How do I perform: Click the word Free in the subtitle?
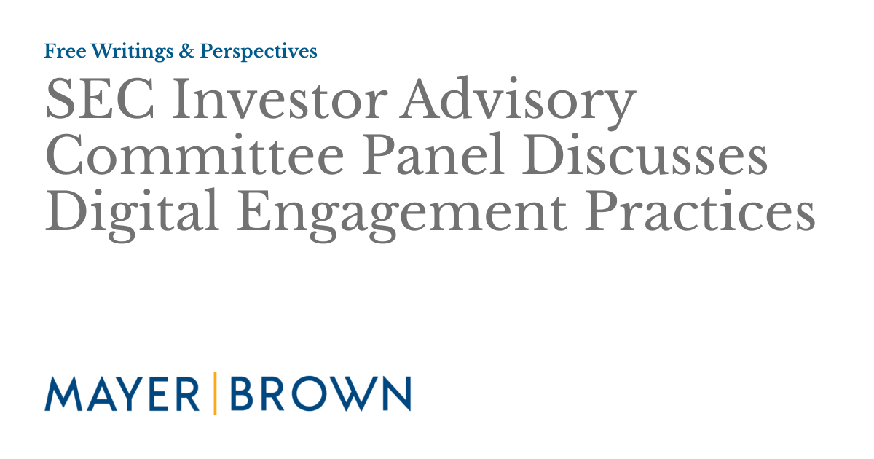click(61, 51)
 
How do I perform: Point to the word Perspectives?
click(259, 52)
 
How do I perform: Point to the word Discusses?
click(645, 157)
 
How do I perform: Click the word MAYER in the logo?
click(122, 393)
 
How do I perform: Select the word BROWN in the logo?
click(319, 393)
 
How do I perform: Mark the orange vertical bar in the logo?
click(214, 393)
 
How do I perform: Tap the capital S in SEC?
click(60, 101)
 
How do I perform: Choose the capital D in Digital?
click(64, 214)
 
